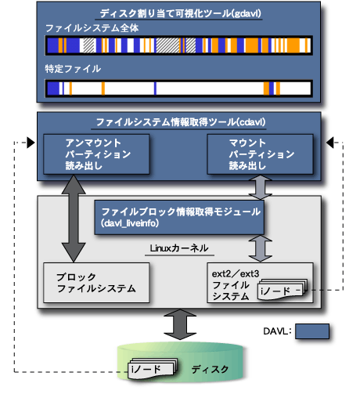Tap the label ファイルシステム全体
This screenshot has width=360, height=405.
pos(81,28)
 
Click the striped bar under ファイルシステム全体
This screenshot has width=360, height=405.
pos(179,45)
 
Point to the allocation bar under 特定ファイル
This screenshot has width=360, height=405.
pos(179,88)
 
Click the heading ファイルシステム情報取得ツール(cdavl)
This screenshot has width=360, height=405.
pos(179,123)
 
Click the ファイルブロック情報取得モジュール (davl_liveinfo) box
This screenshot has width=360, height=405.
pos(179,217)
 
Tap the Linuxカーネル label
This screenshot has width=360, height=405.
pos(178,248)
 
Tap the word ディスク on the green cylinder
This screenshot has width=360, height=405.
pos(210,368)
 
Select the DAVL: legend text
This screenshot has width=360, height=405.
pos(277,331)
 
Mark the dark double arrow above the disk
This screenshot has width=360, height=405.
pos(179,324)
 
